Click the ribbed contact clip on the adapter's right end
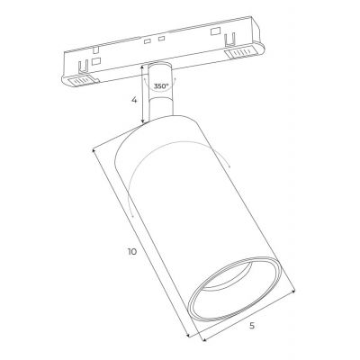pyautogui.click(x=242, y=55)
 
